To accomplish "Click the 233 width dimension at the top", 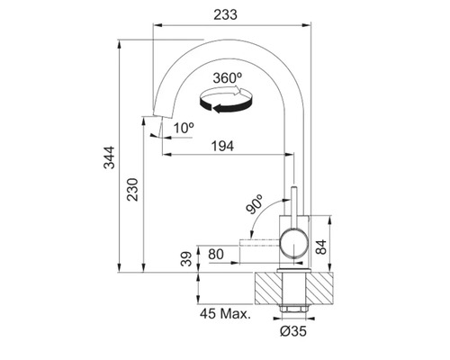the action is [x=225, y=14].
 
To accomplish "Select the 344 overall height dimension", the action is [x=109, y=157].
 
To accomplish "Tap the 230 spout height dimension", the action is [x=132, y=190].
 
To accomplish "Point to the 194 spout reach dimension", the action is [x=222, y=146].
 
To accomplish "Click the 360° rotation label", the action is [x=228, y=78].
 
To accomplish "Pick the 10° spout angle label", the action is [x=184, y=128].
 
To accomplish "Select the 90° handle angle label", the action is [x=254, y=204].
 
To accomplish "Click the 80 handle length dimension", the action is [x=216, y=255].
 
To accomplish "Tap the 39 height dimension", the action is [x=186, y=259].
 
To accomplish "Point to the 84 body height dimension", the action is [x=321, y=247].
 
